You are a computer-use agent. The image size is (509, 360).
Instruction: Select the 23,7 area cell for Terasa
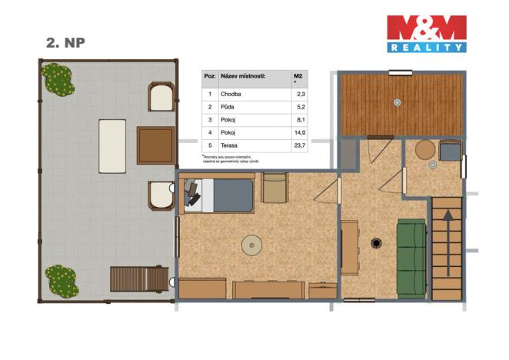[299, 145]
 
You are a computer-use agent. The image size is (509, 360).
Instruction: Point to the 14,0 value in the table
[300, 132]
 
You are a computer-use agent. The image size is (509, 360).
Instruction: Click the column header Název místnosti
[242, 77]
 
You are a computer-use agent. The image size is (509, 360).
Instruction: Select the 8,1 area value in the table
[300, 119]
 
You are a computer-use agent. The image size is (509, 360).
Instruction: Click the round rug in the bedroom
[252, 246]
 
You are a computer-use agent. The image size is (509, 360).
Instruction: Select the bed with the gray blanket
[219, 195]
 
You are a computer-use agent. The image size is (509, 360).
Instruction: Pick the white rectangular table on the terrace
[112, 145]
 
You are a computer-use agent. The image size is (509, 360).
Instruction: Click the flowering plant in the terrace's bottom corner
[61, 280]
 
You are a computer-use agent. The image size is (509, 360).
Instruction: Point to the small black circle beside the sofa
[376, 244]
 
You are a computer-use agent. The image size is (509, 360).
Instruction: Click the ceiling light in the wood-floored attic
[397, 102]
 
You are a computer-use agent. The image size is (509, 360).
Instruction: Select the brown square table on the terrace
[155, 145]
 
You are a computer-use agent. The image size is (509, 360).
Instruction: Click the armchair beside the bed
[274, 188]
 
